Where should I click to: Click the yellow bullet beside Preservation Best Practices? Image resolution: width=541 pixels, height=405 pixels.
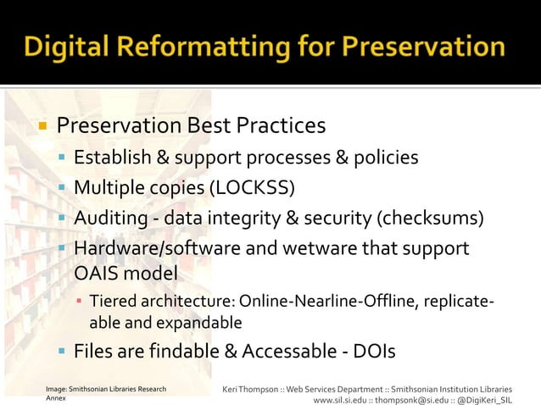click(39, 127)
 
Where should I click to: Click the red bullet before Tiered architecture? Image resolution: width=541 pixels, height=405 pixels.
click(78, 301)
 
